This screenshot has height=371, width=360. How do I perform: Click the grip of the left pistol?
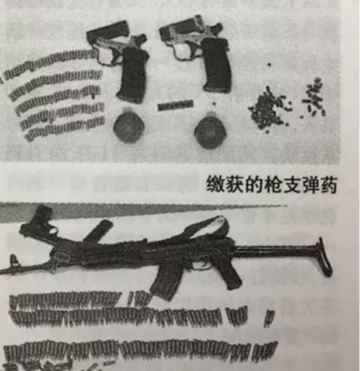click(132, 76)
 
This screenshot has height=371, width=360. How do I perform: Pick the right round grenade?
click(209, 131)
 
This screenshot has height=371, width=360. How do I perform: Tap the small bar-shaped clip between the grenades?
click(175, 105)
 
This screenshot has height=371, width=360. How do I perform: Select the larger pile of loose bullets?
click(269, 108)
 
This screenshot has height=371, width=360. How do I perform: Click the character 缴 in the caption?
click(215, 185)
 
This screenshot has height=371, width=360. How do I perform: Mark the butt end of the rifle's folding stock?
click(324, 257)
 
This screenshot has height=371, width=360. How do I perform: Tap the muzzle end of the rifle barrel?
click(6, 270)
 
